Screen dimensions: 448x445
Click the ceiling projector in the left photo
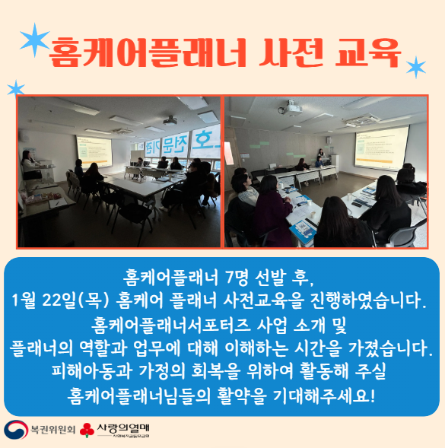(x=169, y=120)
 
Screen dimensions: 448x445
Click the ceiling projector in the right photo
(x=292, y=110)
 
